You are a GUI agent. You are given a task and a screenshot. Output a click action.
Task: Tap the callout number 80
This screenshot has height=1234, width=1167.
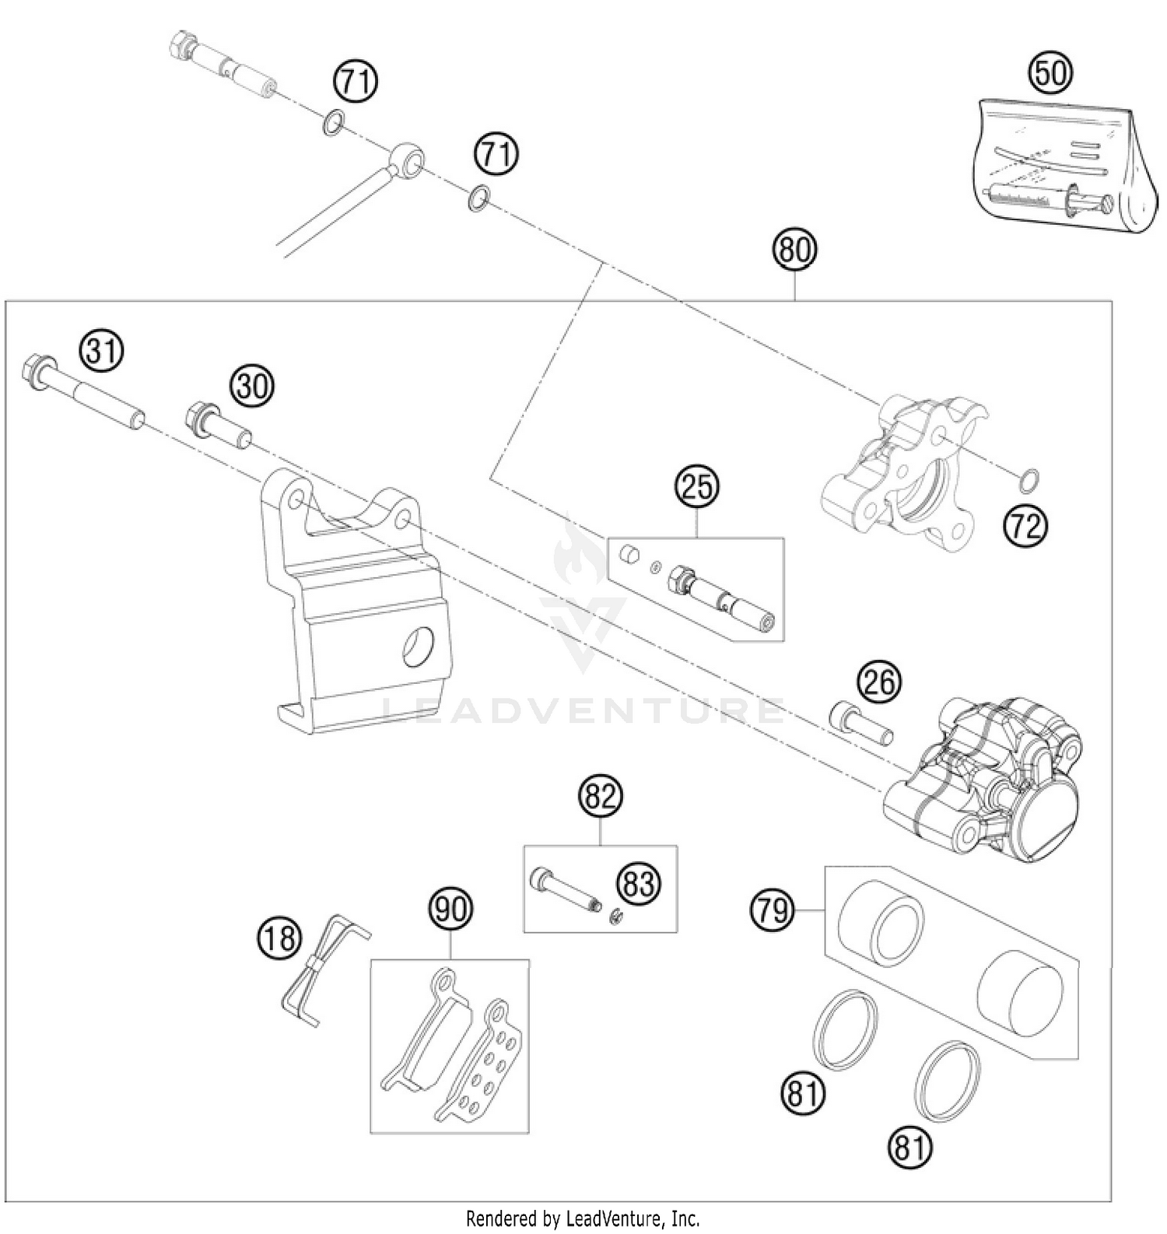[x=794, y=251]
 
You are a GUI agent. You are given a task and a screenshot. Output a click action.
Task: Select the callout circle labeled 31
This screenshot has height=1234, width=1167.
[x=103, y=351]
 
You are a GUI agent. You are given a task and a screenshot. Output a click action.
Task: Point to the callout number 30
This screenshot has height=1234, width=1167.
[x=251, y=386]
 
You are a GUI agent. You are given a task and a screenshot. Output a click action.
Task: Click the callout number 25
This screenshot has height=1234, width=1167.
[x=697, y=487]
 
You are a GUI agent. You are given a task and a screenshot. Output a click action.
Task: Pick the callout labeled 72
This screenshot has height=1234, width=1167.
[x=1025, y=527]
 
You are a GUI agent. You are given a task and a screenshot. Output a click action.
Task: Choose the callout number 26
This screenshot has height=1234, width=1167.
[x=879, y=682]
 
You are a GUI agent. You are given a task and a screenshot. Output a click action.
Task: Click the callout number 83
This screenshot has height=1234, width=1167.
[x=639, y=884]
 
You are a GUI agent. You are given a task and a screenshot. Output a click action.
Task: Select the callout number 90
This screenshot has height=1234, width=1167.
[x=450, y=909]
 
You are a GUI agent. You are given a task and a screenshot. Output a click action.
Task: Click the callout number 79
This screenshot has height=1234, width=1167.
[x=773, y=910]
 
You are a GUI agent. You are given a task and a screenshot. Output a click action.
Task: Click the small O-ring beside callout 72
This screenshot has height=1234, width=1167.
[x=1029, y=482]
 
